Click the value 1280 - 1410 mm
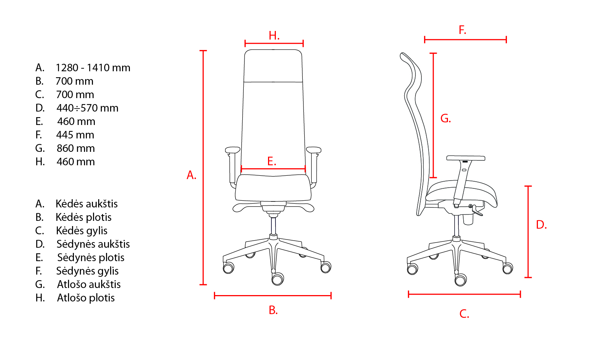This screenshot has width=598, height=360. tap(93, 68)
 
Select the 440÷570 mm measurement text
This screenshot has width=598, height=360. tap(87, 108)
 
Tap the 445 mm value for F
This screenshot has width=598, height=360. tap(75, 135)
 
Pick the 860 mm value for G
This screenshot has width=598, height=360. tap(75, 148)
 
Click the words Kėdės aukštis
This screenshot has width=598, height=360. tap(87, 204)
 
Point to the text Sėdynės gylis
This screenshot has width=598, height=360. tap(87, 271)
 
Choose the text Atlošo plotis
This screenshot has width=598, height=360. tap(86, 298)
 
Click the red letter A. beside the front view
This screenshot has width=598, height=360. tap(191, 175)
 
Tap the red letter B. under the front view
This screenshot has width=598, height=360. tap(273, 310)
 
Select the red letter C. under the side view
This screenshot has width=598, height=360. tap(464, 314)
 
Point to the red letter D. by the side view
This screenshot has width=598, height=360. tap(541, 225)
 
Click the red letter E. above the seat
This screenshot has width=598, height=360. tap(272, 161)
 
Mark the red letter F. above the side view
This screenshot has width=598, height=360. tap(462, 30)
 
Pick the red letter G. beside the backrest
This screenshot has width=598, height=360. tap(446, 118)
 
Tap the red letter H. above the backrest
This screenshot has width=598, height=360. tap(274, 35)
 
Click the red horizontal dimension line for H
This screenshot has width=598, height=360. tap(274, 43)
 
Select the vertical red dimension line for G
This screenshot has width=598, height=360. tap(433, 115)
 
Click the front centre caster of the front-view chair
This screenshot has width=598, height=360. tap(278, 279)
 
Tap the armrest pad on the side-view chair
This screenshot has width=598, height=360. tap(466, 158)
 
